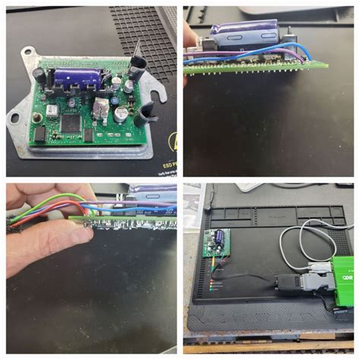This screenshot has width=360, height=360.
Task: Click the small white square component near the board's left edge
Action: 52,111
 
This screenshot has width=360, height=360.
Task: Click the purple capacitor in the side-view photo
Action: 242,36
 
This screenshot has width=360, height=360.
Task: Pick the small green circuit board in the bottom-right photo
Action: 218,245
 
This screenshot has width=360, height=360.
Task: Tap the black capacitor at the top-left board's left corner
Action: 38,74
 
